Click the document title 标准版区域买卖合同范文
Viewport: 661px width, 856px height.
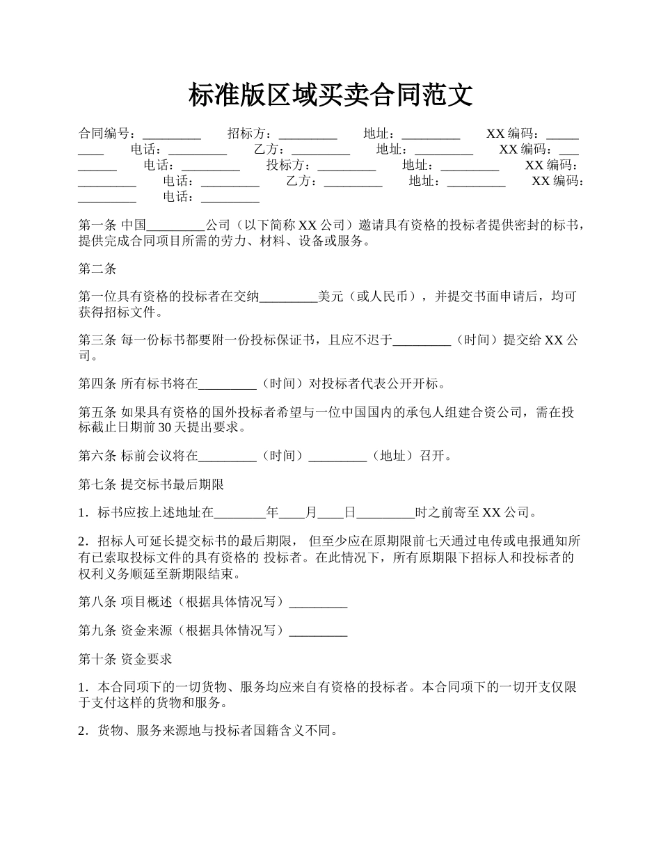330,95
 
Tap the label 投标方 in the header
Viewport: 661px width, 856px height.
288,166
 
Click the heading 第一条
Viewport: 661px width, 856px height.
98,225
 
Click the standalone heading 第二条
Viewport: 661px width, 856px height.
98,269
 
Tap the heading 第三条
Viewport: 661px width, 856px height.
98,340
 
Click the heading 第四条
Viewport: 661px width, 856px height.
98,383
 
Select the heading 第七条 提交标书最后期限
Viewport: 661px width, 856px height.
151,484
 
